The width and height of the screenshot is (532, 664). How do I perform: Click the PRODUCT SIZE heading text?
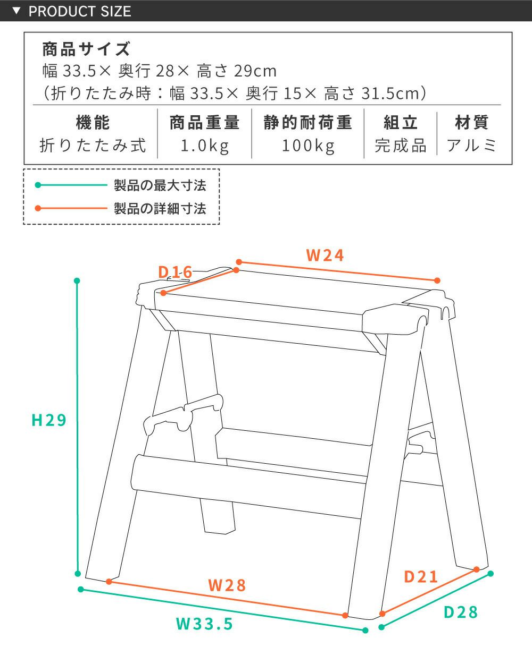[x=80, y=11]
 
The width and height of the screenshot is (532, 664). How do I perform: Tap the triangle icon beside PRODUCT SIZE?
[x=16, y=11]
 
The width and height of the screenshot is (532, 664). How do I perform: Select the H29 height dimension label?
[x=49, y=420]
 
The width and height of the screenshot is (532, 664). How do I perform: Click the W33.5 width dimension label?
[x=204, y=624]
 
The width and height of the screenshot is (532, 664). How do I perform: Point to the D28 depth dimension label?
[x=461, y=612]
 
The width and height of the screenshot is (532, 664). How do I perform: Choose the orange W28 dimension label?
[x=227, y=585]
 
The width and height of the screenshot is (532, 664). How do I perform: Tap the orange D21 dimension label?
[x=421, y=577]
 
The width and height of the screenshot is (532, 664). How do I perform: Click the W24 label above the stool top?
[x=325, y=256]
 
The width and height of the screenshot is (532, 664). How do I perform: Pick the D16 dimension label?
[x=175, y=272]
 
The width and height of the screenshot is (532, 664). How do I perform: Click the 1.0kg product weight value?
[x=205, y=146]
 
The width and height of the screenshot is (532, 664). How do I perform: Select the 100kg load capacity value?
[x=308, y=146]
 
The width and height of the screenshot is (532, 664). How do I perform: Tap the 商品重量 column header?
[x=205, y=123]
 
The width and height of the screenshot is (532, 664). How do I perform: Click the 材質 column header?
[x=472, y=123]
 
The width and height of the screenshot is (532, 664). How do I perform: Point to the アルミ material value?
[x=472, y=146]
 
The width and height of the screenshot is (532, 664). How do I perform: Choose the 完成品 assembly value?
[x=401, y=146]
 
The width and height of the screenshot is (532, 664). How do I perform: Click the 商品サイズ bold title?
[x=86, y=49]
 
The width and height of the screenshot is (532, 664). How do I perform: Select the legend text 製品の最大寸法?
[x=160, y=185]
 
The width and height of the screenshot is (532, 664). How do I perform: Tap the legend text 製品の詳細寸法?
[x=160, y=209]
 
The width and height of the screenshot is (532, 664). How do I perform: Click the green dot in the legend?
[x=38, y=185]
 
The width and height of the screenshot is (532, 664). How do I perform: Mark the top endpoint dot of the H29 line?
[x=77, y=280]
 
